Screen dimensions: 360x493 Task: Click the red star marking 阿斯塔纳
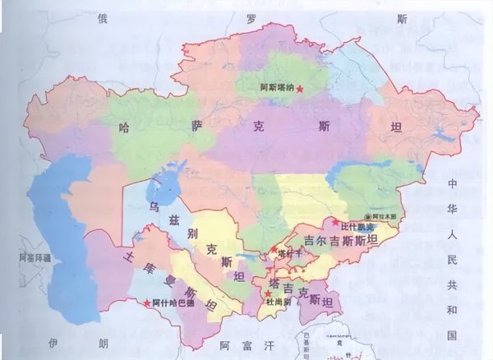pos(300,88)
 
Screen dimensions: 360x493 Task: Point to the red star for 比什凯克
pos(335,223)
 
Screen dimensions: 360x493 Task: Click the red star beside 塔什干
pos(274,248)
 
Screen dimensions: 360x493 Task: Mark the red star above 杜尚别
pos(268,293)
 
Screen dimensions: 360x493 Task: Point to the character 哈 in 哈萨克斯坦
pos(125,128)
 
